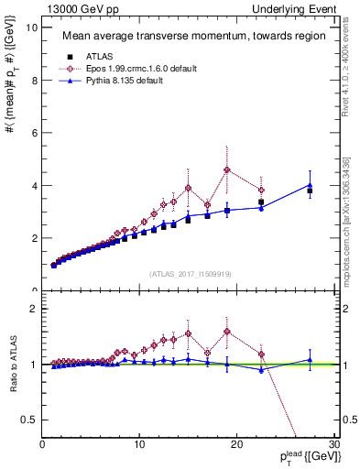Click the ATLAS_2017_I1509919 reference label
coord(190,273)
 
